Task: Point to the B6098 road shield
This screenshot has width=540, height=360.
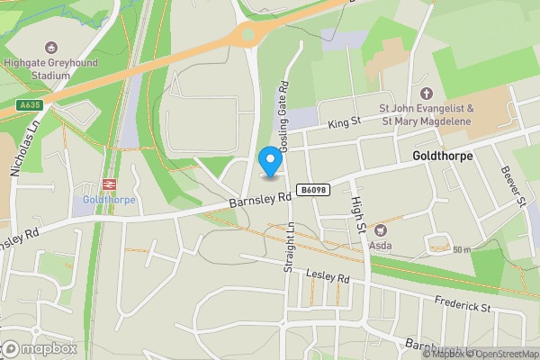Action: (313, 190)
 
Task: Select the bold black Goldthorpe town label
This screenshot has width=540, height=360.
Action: (442, 156)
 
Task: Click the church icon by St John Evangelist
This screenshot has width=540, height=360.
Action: (427, 93)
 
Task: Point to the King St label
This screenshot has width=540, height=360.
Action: (344, 122)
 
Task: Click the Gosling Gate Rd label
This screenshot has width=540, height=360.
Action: (283, 118)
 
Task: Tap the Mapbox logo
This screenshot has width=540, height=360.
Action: (40, 348)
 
